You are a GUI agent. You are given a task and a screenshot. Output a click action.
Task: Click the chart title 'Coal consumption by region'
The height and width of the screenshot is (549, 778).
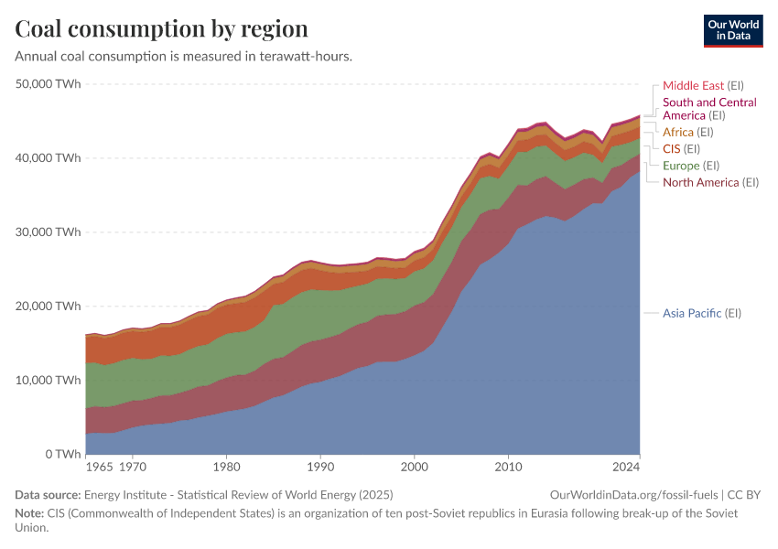click(161, 28)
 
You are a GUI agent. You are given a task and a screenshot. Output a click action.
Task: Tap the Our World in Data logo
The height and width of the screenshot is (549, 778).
click(733, 29)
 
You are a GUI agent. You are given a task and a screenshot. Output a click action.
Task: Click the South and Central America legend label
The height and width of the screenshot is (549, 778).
click(709, 109)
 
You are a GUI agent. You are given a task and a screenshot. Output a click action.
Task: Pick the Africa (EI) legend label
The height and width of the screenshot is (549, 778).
click(691, 133)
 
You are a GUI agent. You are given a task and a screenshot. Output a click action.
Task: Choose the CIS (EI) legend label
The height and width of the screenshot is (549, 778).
click(681, 149)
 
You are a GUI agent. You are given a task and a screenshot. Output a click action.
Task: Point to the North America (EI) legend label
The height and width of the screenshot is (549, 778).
click(711, 183)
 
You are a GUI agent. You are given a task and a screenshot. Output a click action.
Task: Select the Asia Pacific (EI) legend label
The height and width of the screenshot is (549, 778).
click(702, 313)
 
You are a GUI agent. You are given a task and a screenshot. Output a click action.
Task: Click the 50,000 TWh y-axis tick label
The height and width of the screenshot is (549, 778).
click(49, 84)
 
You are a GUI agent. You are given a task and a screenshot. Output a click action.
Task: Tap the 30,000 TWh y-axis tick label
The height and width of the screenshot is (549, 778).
click(49, 232)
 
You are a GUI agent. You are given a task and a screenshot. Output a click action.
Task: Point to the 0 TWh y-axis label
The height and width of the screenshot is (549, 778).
click(60, 454)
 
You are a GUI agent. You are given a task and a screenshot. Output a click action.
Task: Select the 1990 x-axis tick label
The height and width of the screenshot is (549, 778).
click(320, 468)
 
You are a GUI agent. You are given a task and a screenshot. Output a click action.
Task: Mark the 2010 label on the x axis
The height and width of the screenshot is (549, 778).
click(508, 468)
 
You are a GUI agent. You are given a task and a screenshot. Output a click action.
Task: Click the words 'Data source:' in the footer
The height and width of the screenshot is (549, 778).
click(47, 495)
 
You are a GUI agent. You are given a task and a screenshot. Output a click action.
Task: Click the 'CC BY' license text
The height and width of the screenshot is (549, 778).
click(744, 495)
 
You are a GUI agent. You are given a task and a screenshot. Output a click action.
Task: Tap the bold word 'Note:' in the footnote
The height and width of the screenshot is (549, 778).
click(30, 513)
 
